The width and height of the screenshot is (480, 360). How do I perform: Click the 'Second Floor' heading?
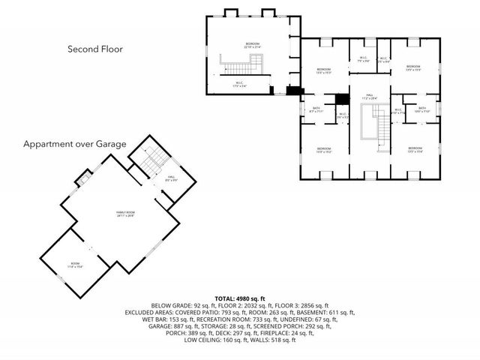point(94,49)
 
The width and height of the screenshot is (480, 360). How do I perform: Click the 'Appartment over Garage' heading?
point(74,143)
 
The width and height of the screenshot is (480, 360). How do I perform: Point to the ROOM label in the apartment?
point(75,264)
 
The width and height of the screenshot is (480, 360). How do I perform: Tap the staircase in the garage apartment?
point(154,158)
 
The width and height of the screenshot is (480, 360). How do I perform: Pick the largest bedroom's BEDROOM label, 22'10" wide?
point(252,45)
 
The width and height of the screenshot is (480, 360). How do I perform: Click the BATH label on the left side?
point(316,109)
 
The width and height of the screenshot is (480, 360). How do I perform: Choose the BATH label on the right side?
point(422,109)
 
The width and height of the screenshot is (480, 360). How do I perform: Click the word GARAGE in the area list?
point(163,326)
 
